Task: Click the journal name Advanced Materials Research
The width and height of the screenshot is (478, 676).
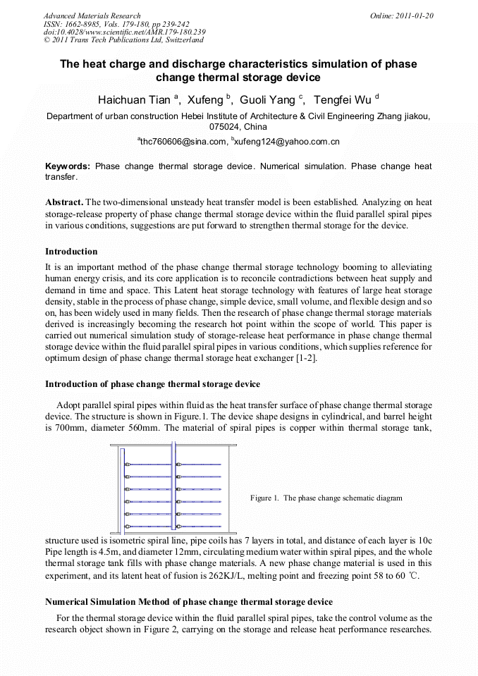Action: tap(92, 16)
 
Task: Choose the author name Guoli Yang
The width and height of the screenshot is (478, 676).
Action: tap(268, 100)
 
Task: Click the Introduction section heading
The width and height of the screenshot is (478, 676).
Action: tap(71, 252)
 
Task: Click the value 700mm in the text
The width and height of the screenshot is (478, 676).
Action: tap(61, 426)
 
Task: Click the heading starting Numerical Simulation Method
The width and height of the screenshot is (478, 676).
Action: tap(188, 602)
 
